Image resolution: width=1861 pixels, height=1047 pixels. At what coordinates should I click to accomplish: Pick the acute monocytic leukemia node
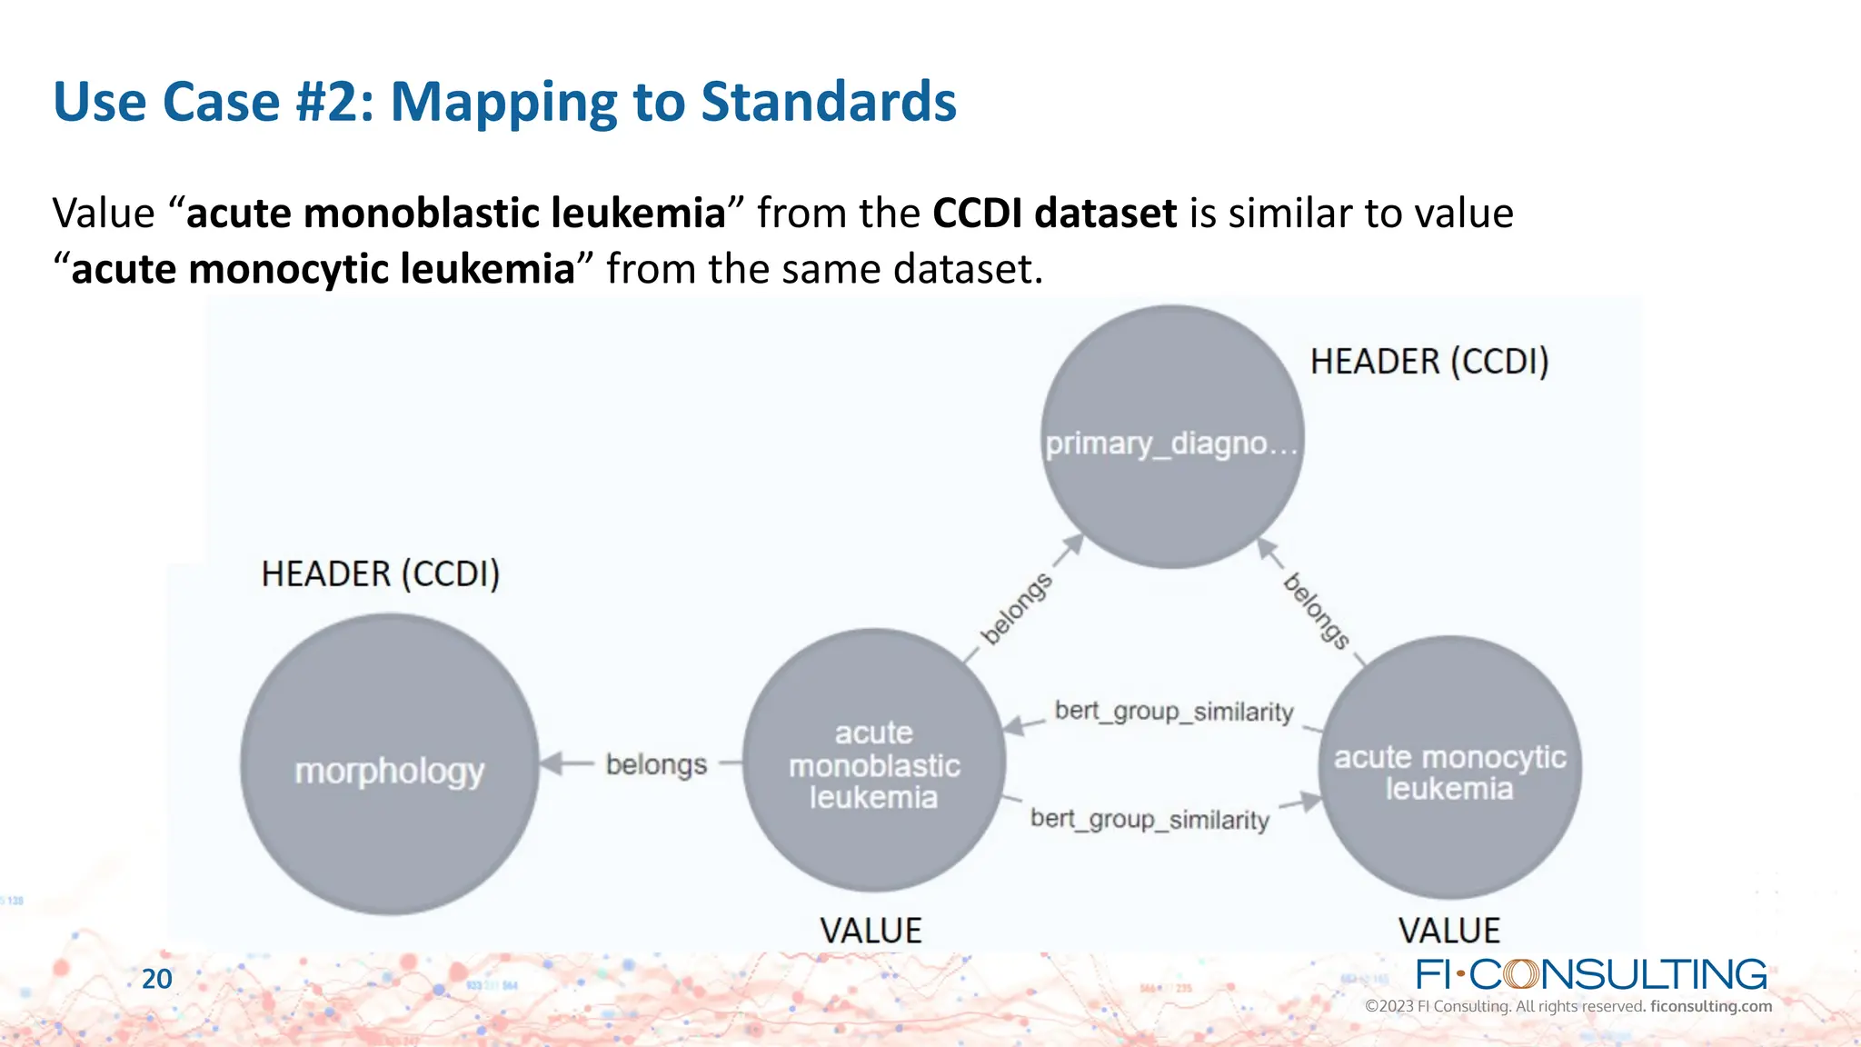pyautogui.click(x=1449, y=769)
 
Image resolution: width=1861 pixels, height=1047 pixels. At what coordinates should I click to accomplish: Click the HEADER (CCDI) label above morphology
pyautogui.click(x=381, y=574)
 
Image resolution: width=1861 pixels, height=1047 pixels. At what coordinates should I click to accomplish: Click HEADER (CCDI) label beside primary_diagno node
pyautogui.click(x=1428, y=362)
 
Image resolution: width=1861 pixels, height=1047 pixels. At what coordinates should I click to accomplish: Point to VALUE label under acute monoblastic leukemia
pyautogui.click(x=871, y=931)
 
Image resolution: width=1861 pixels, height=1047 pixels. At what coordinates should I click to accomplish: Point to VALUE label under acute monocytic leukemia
pyautogui.click(x=1448, y=931)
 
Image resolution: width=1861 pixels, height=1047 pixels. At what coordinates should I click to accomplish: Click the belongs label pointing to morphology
pyautogui.click(x=656, y=764)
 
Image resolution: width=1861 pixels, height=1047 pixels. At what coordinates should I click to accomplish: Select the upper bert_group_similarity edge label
pyautogui.click(x=1174, y=712)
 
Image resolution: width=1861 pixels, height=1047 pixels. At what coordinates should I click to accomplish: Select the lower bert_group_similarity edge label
pyautogui.click(x=1149, y=820)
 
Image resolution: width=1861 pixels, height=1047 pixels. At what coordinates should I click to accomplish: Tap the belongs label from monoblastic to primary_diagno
pyautogui.click(x=1017, y=608)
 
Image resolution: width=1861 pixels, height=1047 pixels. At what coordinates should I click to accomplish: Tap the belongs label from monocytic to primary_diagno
pyautogui.click(x=1316, y=611)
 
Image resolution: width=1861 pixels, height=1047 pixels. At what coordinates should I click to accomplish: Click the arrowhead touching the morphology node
pyautogui.click(x=551, y=764)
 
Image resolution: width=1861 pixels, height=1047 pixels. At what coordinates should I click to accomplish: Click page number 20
pyautogui.click(x=157, y=979)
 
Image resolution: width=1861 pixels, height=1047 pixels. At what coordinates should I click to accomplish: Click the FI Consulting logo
pyautogui.click(x=1590, y=974)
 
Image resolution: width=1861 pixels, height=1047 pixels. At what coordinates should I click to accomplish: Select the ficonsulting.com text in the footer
pyautogui.click(x=1710, y=1006)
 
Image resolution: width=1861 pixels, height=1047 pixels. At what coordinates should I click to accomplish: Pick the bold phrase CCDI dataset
pyautogui.click(x=1055, y=214)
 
